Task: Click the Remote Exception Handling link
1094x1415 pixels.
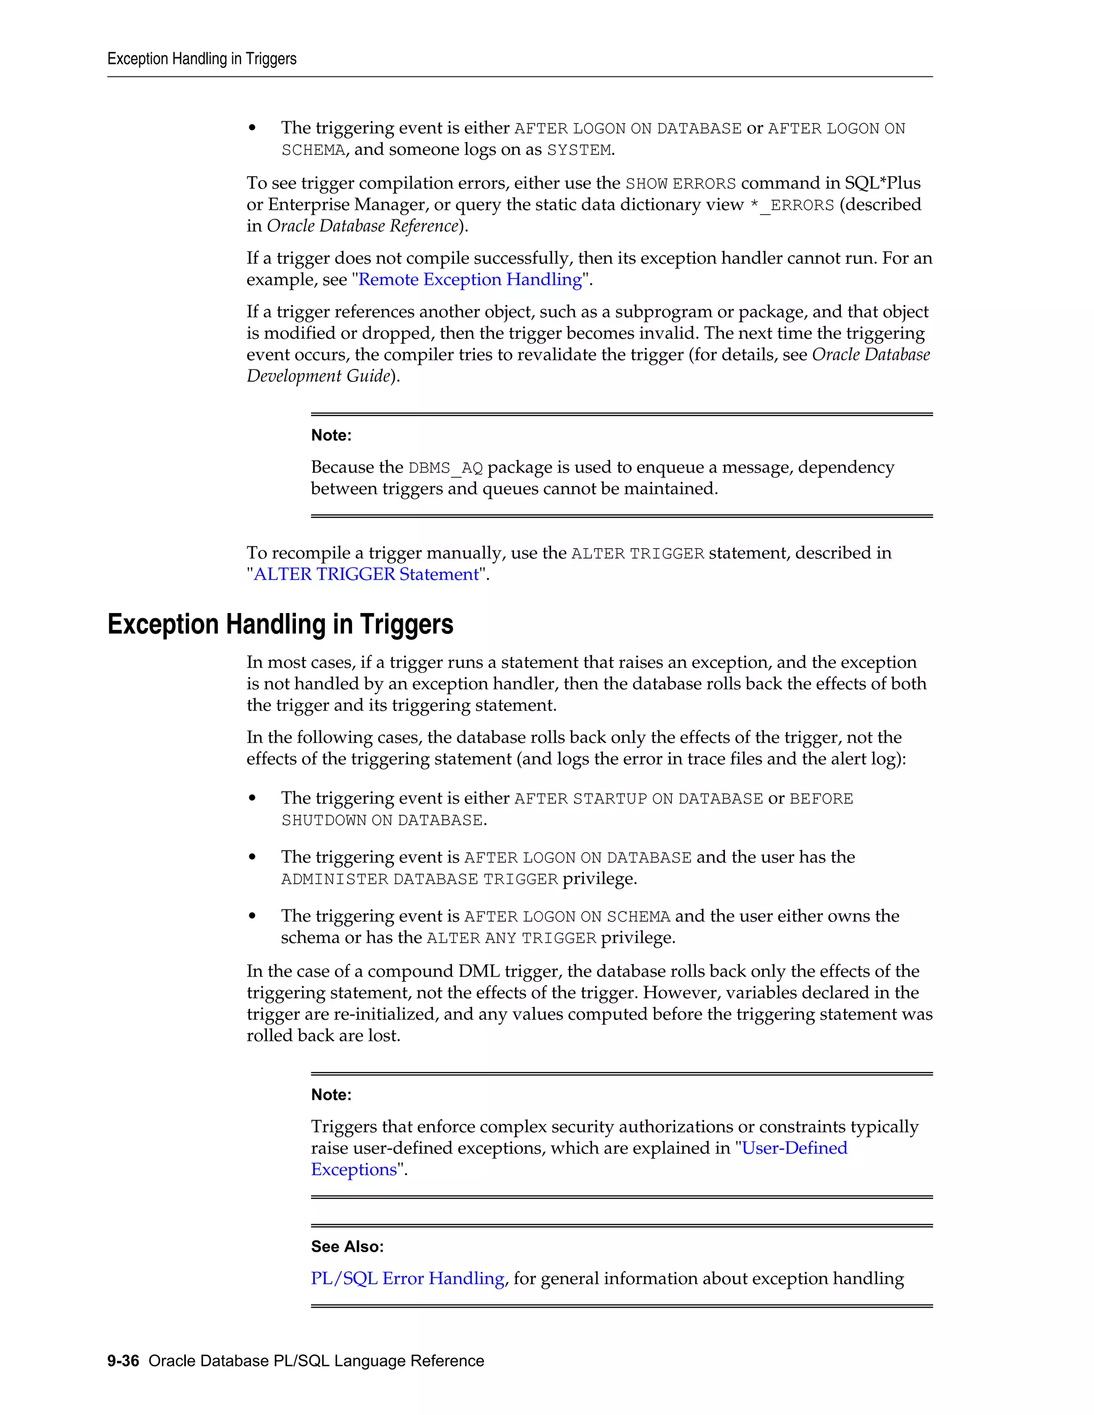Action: pyautogui.click(x=470, y=280)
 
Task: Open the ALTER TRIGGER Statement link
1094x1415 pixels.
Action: pyautogui.click(x=365, y=575)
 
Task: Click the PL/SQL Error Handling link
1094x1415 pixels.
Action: pyautogui.click(x=407, y=1279)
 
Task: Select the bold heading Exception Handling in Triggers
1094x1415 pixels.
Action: pyautogui.click(x=280, y=625)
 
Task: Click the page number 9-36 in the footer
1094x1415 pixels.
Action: pyautogui.click(x=123, y=1361)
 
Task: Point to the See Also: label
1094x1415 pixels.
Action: pyautogui.click(x=347, y=1247)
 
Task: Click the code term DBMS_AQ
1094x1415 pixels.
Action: pyautogui.click(x=446, y=468)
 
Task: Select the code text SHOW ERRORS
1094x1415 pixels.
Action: pyautogui.click(x=680, y=184)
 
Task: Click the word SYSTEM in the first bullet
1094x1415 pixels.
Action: pyautogui.click(x=578, y=151)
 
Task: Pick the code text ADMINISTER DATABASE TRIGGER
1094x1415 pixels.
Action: pyautogui.click(x=419, y=880)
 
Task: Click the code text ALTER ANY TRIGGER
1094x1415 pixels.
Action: pyautogui.click(x=511, y=939)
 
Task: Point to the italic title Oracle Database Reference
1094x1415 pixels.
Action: pyautogui.click(x=362, y=226)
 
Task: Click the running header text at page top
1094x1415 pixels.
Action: pyautogui.click(x=201, y=59)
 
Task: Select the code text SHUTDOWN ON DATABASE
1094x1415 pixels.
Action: pyautogui.click(x=382, y=821)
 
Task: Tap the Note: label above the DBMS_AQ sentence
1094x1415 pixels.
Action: pyautogui.click(x=331, y=435)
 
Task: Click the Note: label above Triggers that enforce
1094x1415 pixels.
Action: pyautogui.click(x=331, y=1095)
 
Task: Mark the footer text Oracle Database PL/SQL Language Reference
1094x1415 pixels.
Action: pyautogui.click(x=316, y=1361)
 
